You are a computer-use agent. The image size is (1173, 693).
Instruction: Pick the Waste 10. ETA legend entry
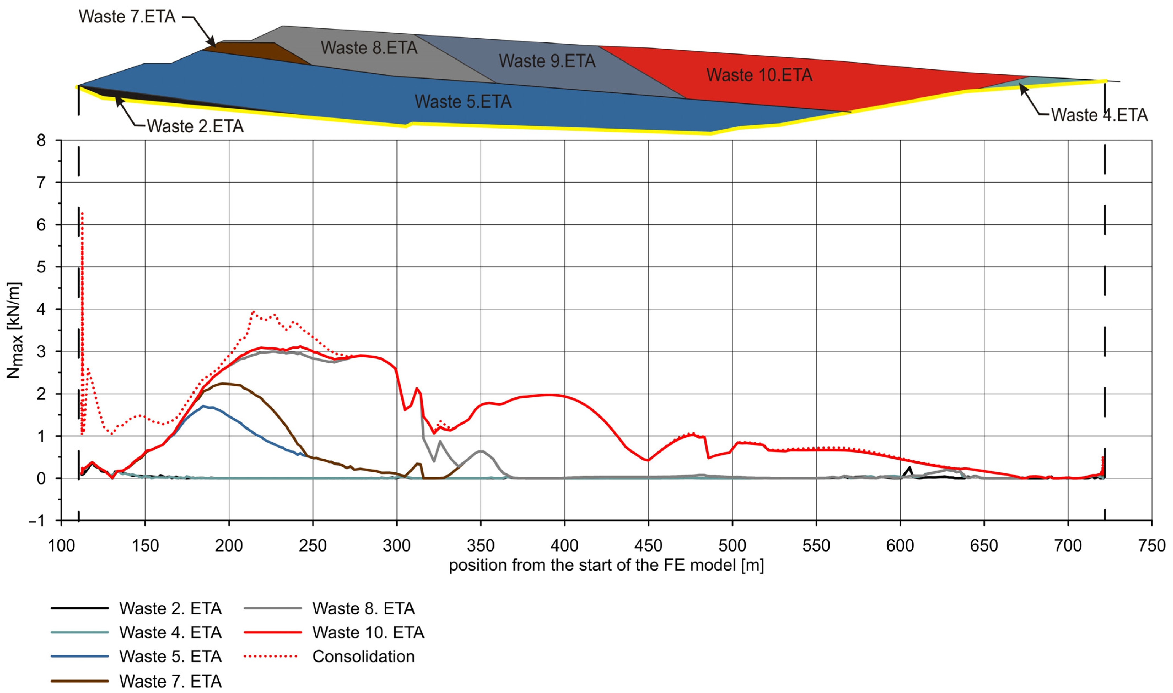(x=368, y=632)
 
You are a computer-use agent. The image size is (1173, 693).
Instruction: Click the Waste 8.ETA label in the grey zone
(x=369, y=48)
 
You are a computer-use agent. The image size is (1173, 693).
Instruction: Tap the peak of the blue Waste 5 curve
(x=203, y=406)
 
